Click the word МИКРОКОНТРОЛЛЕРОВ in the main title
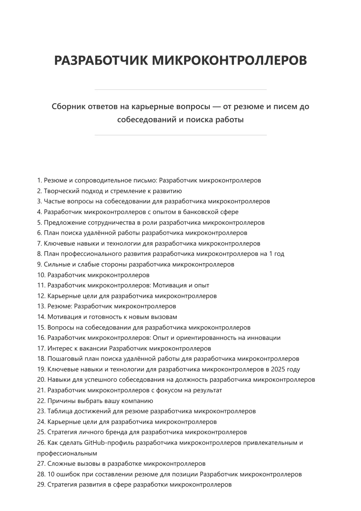230,60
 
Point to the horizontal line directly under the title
180,89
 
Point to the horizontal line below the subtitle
180,135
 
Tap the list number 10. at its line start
41,275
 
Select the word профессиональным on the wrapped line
67,453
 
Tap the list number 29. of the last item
41,484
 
